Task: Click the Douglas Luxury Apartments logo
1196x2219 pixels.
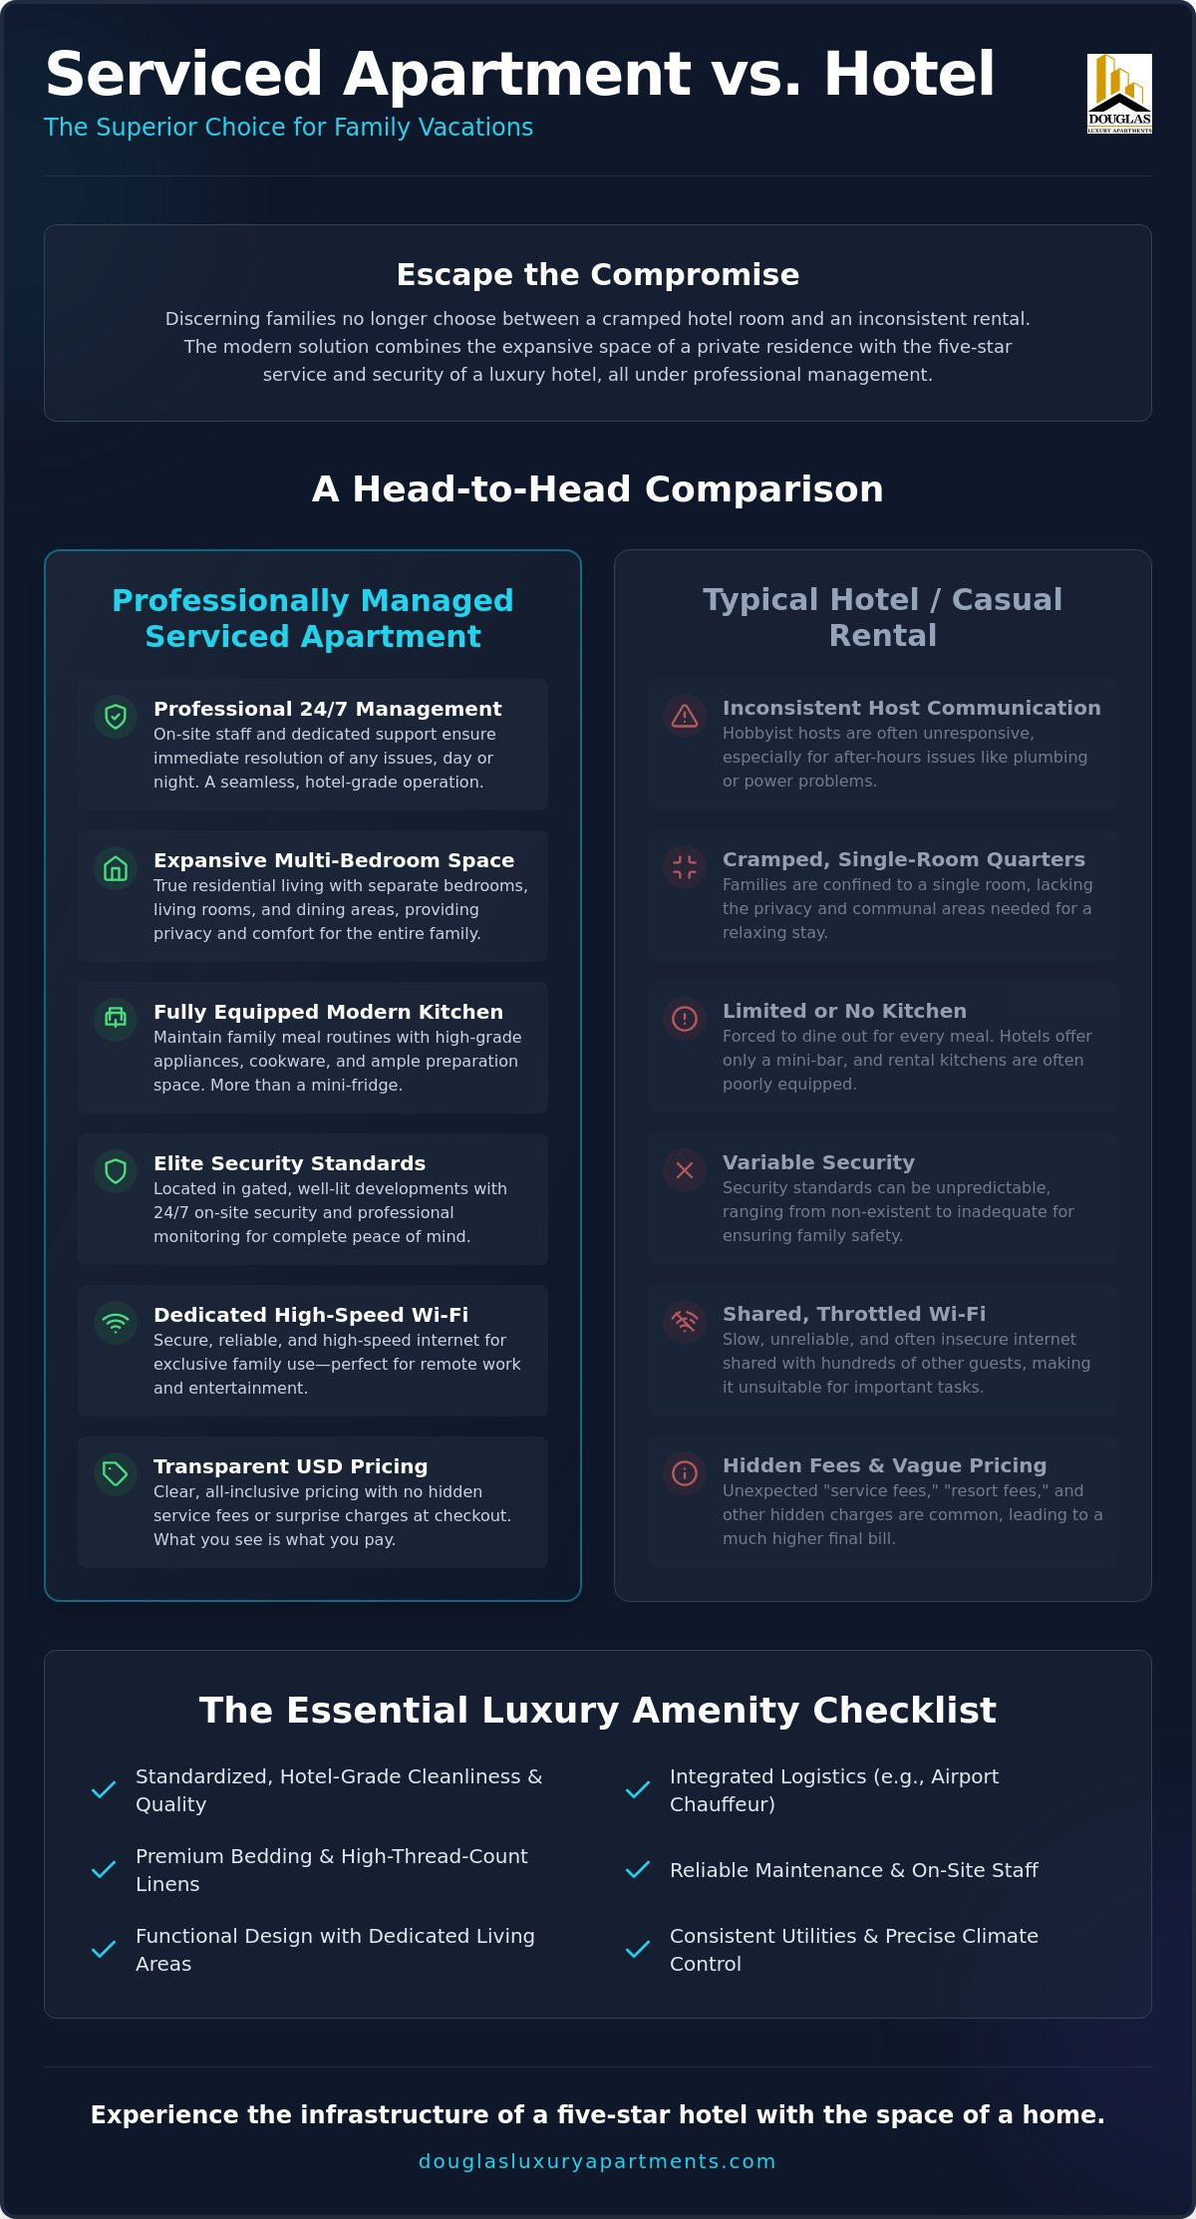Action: (x=1119, y=94)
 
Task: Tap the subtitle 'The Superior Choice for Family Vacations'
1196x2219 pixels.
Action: (x=289, y=128)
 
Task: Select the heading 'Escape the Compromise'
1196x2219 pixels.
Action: (x=598, y=274)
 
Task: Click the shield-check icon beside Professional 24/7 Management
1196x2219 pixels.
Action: (x=116, y=717)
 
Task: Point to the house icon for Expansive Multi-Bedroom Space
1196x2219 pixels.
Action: (x=116, y=868)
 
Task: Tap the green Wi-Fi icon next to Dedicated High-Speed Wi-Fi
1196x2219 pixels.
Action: (x=116, y=1323)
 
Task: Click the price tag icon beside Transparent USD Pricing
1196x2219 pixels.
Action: (x=116, y=1474)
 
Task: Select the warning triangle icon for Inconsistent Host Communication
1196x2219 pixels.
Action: (x=685, y=716)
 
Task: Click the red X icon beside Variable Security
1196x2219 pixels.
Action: (x=685, y=1170)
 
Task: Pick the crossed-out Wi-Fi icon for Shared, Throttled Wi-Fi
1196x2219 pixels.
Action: (x=685, y=1322)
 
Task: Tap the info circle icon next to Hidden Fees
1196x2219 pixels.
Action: (x=685, y=1473)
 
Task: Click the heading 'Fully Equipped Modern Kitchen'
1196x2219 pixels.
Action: (x=328, y=1012)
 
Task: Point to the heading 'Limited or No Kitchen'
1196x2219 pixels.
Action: (x=844, y=1011)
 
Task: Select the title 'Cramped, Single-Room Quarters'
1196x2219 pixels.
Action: (x=904, y=859)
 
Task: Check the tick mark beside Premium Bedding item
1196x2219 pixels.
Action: (x=104, y=1869)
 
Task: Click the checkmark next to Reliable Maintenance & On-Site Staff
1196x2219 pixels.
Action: (x=638, y=1869)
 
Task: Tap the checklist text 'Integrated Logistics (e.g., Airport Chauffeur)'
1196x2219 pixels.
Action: (x=834, y=1790)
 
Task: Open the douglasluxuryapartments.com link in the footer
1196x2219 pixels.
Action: (x=597, y=2161)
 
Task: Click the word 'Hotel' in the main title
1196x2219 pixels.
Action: (x=909, y=74)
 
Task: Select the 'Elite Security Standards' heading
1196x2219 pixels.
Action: (x=289, y=1163)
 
